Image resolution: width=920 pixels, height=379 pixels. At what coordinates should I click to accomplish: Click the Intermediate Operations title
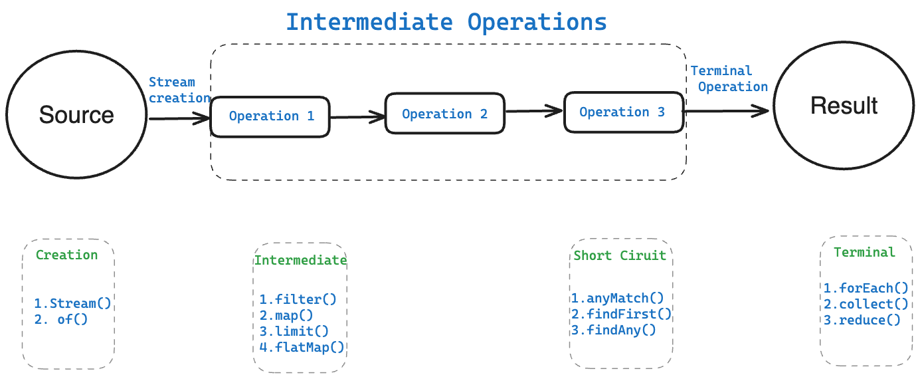[446, 22]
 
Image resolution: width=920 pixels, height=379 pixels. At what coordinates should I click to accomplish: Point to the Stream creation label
[179, 90]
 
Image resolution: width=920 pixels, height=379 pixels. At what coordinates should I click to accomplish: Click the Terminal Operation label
[729, 79]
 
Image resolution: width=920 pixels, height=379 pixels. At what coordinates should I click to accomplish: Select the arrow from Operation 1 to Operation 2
[357, 117]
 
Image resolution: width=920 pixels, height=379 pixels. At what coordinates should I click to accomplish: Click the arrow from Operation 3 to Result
[726, 111]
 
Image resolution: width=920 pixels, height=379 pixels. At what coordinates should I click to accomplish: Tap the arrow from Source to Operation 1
[179, 118]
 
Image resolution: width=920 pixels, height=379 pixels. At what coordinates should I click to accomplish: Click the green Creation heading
[66, 255]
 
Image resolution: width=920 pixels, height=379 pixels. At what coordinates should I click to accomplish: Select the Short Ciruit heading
[620, 256]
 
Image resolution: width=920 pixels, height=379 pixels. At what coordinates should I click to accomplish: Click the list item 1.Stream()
[72, 304]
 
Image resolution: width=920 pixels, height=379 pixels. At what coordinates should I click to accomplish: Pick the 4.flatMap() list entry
[302, 348]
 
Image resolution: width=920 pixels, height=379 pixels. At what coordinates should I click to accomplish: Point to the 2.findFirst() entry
[621, 315]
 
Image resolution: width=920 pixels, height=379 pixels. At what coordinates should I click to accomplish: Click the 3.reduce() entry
[862, 320]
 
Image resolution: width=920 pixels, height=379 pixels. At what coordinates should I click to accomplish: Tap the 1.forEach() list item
[866, 288]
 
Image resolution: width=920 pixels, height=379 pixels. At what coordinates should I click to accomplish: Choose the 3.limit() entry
[294, 331]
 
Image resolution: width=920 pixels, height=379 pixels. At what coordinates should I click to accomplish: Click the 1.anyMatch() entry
[618, 298]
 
